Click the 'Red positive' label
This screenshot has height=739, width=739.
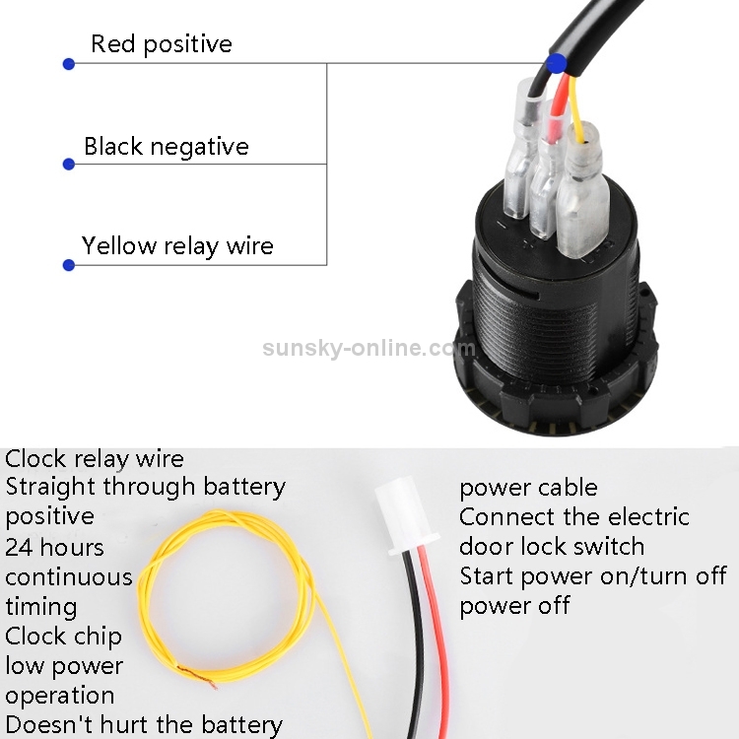tap(162, 44)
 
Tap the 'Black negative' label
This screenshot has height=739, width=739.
tap(167, 146)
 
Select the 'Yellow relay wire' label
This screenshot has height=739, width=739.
tap(177, 246)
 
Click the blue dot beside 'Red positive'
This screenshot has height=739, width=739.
tap(69, 64)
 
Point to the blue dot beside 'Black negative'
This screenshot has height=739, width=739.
tap(69, 164)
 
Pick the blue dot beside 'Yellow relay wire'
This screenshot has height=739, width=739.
tap(69, 265)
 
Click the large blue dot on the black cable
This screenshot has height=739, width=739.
tap(556, 63)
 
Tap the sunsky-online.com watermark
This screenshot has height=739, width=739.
tap(369, 348)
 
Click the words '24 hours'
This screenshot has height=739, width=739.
tap(54, 548)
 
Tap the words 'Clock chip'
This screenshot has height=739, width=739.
tap(64, 637)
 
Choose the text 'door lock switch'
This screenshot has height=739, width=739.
tap(552, 547)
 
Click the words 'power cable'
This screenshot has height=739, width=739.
tap(528, 488)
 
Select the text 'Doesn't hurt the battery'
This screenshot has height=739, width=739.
tap(144, 725)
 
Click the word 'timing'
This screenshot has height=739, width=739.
tap(41, 607)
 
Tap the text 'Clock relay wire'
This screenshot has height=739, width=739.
tap(95, 459)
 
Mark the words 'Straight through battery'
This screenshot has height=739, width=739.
tap(145, 487)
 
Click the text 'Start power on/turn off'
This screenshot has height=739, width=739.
tap(593, 576)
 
